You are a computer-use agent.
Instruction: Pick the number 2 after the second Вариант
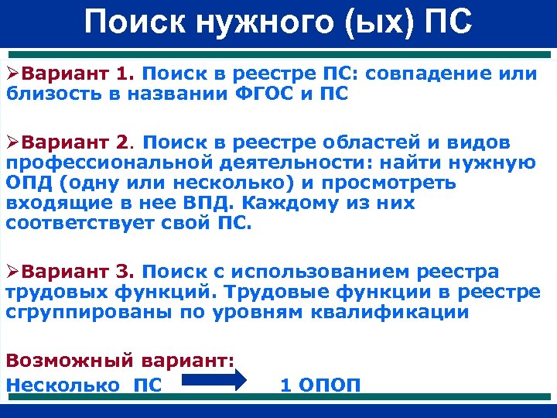121,143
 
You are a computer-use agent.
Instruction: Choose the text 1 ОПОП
320,385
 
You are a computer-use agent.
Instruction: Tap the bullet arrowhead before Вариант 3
12,272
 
